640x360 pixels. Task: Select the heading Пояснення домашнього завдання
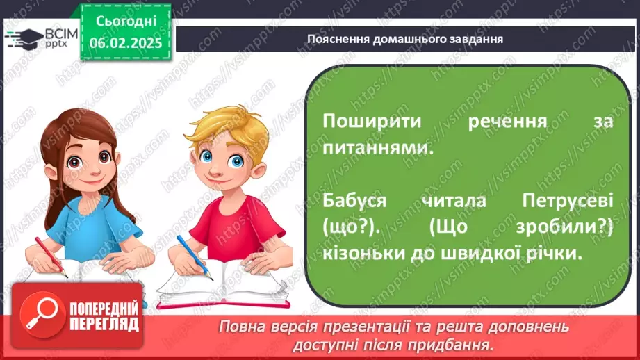tap(405, 39)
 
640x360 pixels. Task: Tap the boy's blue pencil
tap(194, 256)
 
